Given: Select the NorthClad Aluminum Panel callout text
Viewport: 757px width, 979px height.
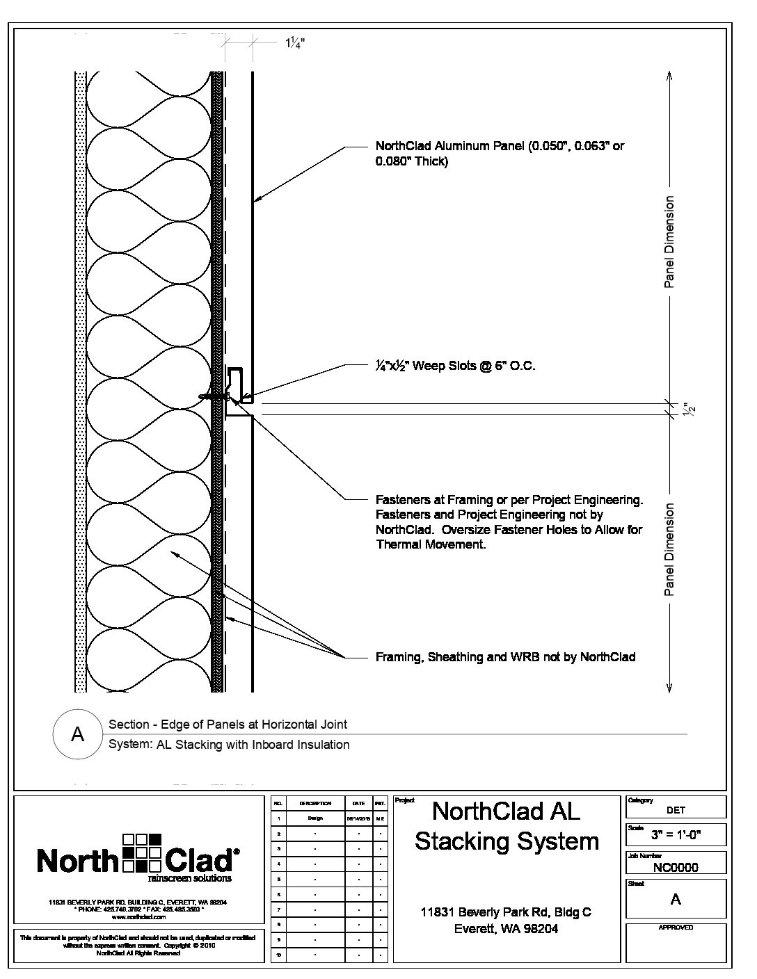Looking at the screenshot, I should (500, 154).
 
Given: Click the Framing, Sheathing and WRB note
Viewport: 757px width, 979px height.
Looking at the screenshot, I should (505, 657).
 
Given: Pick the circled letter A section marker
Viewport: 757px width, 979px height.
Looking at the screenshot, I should (78, 734).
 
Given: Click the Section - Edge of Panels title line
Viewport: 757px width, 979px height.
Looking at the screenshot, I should (228, 725).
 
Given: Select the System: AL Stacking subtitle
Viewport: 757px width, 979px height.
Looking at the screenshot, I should (229, 745).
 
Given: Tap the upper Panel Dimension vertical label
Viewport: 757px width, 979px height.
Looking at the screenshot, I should (669, 242).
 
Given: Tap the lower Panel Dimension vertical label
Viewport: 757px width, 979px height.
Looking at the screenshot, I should (669, 549).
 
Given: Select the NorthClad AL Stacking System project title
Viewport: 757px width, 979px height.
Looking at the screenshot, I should (507, 826).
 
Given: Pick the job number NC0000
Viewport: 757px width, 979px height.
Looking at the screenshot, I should (676, 867).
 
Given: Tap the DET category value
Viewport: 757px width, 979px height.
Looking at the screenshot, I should (676, 810).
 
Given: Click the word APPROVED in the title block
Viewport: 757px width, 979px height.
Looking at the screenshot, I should (676, 928).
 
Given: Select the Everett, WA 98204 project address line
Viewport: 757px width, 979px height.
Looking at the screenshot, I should (506, 929).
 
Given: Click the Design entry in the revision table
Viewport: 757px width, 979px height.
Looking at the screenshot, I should (315, 818).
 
